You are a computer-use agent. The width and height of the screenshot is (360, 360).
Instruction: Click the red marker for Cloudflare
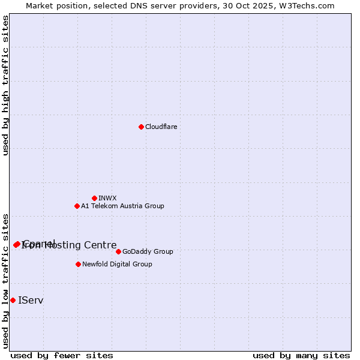point(141,127)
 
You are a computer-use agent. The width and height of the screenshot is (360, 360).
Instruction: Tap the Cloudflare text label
point(161,127)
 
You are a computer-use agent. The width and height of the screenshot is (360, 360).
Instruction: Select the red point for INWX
point(94,198)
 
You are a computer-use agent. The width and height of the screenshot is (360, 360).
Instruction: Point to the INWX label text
point(107,198)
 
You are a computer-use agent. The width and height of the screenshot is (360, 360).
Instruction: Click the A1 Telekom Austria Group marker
point(77,206)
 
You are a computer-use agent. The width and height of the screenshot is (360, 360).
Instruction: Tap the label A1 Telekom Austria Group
point(122,206)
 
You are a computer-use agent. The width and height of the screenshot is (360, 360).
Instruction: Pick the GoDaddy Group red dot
point(118,251)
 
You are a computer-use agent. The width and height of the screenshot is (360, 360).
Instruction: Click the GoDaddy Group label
point(148,251)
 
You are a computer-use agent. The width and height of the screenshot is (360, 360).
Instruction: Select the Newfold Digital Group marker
point(78,264)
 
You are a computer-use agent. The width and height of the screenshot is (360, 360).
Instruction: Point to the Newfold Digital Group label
point(117,264)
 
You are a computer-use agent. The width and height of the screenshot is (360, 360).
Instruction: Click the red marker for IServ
point(13,300)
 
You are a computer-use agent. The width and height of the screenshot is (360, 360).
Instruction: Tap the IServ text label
point(31,300)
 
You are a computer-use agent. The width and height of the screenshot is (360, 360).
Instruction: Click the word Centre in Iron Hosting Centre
point(100,245)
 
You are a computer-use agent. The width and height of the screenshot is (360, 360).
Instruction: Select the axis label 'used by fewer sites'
point(62,355)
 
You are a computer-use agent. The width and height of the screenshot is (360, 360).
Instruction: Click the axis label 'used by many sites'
point(301,355)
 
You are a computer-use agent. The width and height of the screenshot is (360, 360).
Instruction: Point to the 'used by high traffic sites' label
point(6,85)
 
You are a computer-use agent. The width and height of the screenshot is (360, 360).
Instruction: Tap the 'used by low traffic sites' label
point(6,281)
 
